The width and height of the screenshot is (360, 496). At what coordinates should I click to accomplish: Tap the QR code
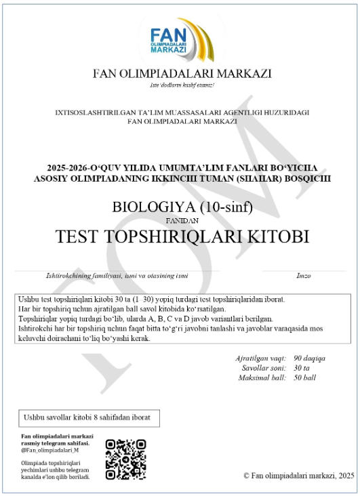click(x=125, y=459)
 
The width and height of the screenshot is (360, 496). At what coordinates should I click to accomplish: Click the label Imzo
click(x=304, y=276)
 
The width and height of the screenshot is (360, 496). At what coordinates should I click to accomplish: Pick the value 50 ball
click(x=305, y=377)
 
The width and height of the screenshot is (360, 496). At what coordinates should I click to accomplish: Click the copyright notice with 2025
click(x=298, y=476)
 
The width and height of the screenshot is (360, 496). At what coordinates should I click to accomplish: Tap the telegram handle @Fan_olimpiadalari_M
click(x=50, y=450)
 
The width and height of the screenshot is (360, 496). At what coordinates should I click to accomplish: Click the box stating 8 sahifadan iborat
click(x=89, y=417)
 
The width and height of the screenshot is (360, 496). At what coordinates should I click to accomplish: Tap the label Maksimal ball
click(x=260, y=377)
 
